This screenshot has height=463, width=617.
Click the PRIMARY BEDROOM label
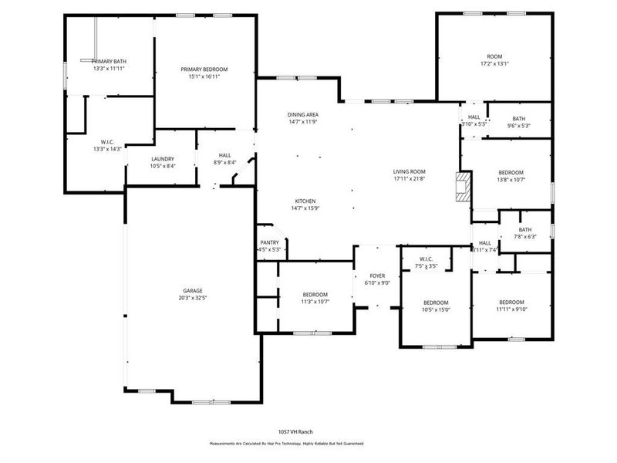pos(204,69)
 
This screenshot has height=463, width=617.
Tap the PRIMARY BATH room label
pos(109,61)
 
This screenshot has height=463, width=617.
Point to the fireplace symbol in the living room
pos(462,187)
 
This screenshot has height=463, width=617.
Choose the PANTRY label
pos(269,242)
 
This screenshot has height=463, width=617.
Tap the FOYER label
pos(377,275)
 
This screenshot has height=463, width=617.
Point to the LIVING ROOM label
pos(410,171)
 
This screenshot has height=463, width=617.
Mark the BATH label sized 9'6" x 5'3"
pos(518,118)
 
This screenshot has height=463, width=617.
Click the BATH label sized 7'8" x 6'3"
pos(525,229)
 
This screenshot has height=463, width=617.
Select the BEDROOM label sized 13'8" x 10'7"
pos(511,172)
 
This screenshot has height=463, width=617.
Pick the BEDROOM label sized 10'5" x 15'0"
pos(436,302)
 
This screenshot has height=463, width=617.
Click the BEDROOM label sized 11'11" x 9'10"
pos(511,302)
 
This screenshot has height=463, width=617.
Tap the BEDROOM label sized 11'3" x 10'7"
pos(315,295)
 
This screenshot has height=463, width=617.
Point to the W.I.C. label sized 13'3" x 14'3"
pos(103,141)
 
